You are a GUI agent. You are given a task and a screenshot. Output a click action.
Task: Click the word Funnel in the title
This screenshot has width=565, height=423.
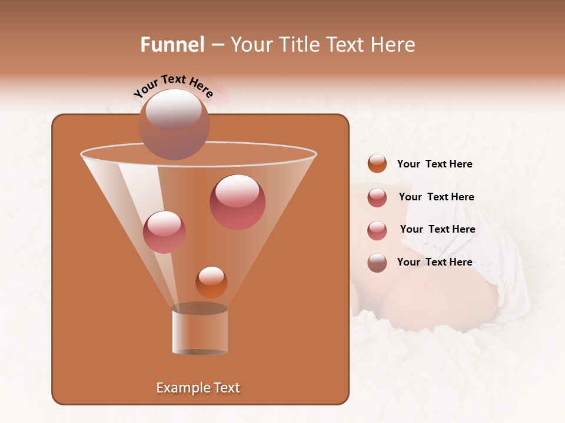pos(172,45)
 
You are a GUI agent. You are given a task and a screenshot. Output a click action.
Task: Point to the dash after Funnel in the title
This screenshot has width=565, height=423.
pos(217,45)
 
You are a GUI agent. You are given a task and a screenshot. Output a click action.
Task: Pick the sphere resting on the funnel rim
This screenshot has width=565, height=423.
pos(174,125)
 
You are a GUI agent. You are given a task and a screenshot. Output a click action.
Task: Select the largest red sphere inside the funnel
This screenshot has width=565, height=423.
pos(237,202)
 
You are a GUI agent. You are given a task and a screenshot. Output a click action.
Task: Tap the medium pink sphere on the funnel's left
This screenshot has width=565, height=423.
pos(164,232)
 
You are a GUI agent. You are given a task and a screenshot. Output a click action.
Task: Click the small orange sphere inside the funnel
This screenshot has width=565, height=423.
pos(211,282)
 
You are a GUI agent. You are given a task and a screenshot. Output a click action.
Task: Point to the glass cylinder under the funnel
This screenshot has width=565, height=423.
pos(200,330)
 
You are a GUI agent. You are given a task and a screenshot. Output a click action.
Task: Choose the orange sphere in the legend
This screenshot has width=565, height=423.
pos(377,164)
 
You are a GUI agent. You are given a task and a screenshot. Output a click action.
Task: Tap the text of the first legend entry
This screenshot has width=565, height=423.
pos(434,164)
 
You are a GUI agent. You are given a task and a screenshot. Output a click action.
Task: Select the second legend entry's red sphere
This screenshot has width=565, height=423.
pos(377,197)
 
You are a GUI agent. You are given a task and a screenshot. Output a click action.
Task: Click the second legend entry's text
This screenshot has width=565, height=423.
pos(436,197)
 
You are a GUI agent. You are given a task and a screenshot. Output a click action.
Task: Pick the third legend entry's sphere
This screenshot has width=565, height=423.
pos(377,230)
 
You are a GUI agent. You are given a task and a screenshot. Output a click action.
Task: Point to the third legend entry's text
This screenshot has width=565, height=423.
pos(437,229)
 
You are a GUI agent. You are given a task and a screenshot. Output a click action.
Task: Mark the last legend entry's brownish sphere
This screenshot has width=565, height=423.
pos(377,263)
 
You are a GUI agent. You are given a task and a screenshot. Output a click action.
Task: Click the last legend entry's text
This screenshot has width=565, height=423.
pos(434,262)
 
